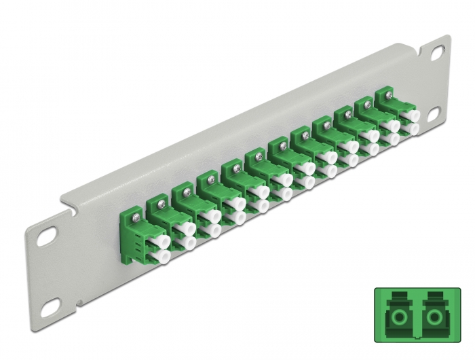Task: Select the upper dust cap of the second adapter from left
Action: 185,229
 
